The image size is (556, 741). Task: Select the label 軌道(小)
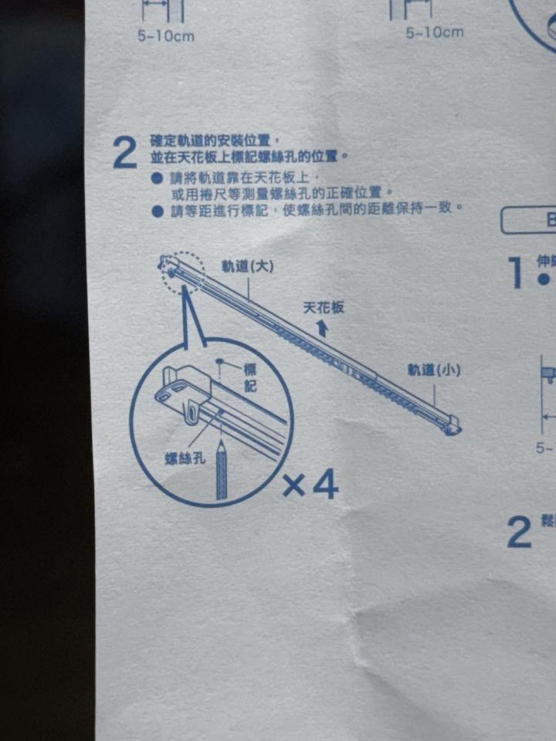434,370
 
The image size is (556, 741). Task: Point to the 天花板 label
324,307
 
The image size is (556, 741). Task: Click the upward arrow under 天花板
323,330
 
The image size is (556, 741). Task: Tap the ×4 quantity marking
310,485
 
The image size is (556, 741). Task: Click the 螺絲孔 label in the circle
185,459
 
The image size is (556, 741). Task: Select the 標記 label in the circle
249,377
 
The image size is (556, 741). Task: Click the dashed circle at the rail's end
183,270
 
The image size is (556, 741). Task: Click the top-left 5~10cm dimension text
166,36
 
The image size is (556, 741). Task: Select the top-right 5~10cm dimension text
435,32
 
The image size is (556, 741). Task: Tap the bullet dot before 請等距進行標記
157,210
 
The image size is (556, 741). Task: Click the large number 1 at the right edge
517,272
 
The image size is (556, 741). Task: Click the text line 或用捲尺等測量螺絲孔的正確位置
283,191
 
